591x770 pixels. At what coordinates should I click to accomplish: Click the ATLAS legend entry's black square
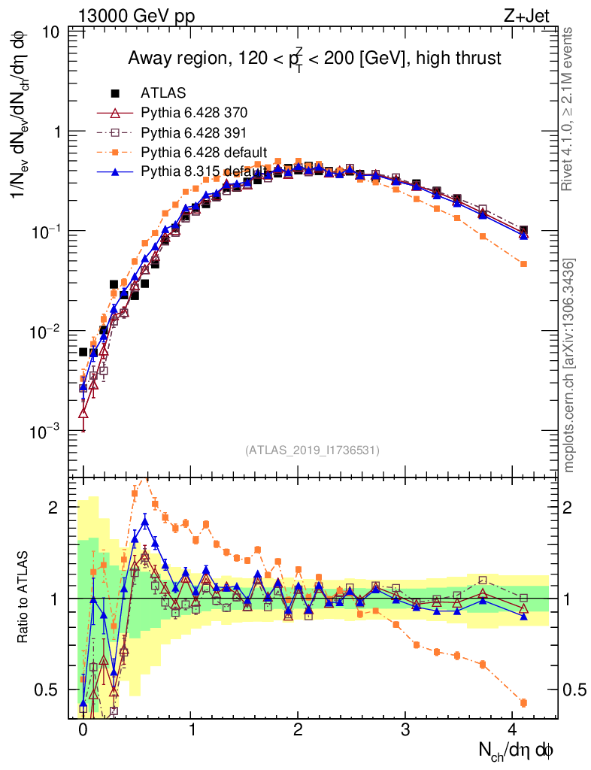115,93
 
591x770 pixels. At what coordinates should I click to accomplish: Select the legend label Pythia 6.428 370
194,113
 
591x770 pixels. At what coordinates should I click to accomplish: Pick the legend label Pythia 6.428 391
194,132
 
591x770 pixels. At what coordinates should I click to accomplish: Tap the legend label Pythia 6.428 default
205,152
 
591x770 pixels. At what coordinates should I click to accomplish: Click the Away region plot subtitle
314,59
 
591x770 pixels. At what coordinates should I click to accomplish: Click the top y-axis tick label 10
51,32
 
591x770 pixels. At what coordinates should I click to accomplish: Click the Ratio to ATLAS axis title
24,598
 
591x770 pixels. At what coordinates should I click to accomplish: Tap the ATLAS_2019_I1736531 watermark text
312,450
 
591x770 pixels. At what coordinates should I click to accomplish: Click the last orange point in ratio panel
523,703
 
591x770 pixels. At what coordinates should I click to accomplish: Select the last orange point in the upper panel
523,264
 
